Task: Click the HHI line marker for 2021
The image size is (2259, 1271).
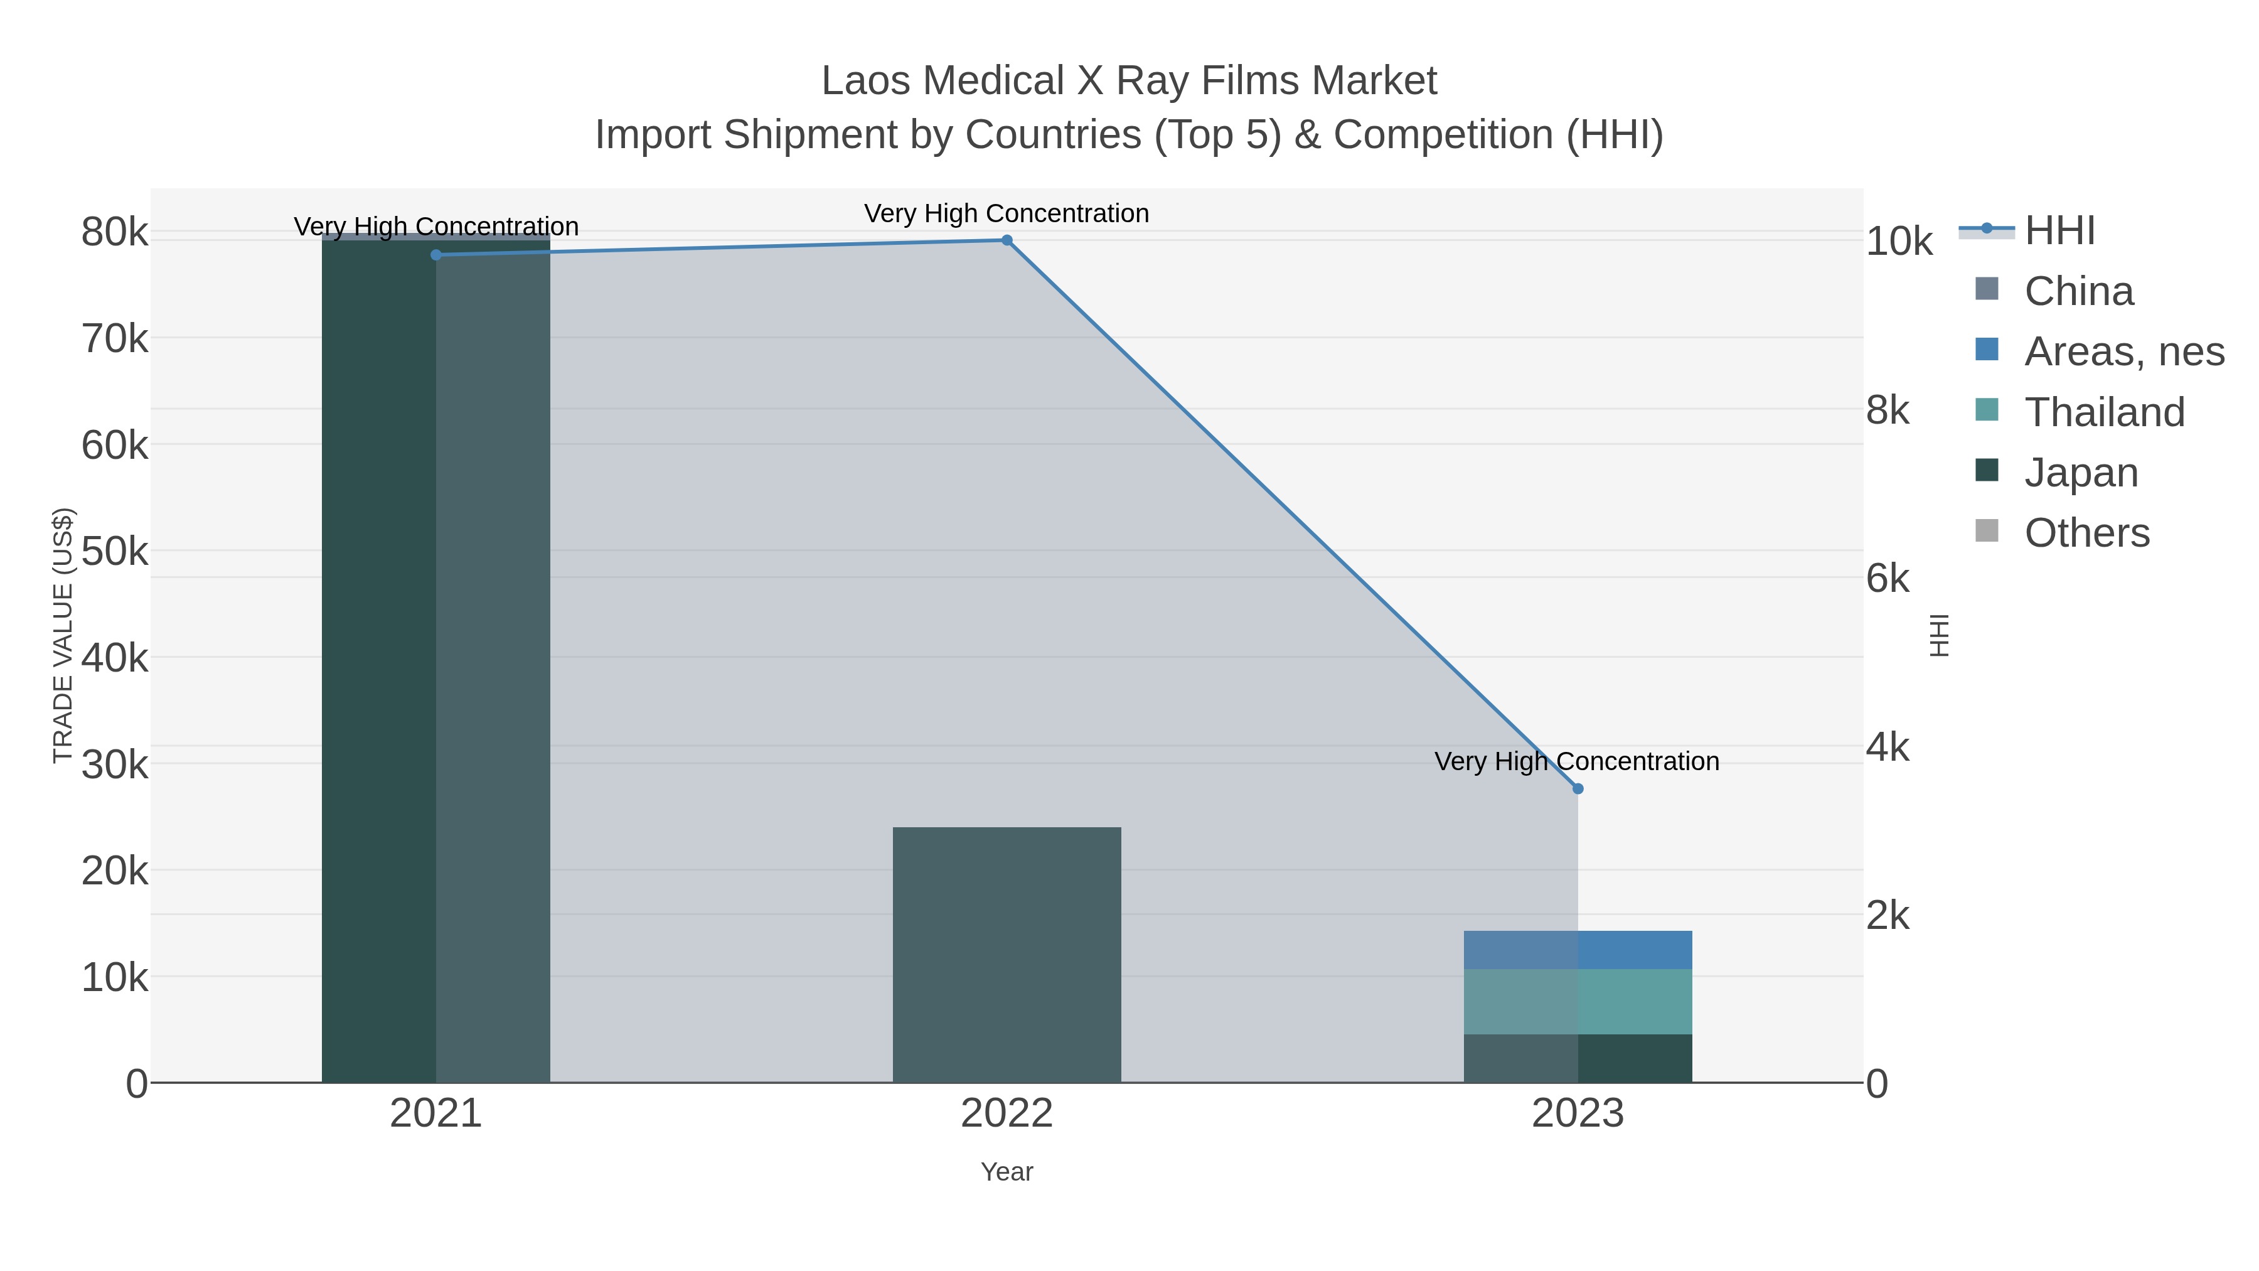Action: pos(436,254)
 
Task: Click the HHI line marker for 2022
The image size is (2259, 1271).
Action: pos(1007,240)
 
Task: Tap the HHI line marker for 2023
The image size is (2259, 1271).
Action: pos(1578,788)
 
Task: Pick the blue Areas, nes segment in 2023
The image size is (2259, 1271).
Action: pos(1578,950)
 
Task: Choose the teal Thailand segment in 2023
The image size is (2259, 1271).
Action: pos(1578,1002)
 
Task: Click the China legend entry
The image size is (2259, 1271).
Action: pos(2078,291)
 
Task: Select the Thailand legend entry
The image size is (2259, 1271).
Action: pos(2104,412)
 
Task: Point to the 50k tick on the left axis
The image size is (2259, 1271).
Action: pos(115,552)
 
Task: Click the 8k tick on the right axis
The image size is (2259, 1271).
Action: pos(1888,410)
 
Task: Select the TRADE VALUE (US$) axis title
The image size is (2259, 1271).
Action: pos(63,635)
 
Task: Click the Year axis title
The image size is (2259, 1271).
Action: pos(1007,1172)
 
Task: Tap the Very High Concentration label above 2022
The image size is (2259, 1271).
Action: pos(1007,213)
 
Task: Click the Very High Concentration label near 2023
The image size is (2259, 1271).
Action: pos(1577,761)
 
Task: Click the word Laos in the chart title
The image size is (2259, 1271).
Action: pos(855,81)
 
